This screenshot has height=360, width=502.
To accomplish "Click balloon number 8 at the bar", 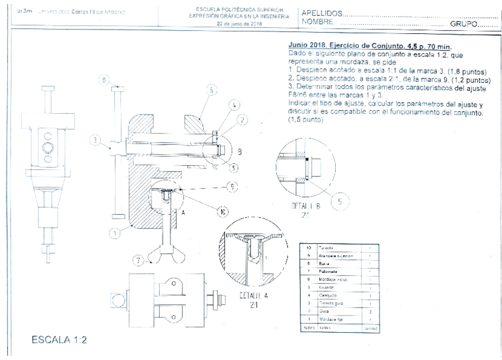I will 104,79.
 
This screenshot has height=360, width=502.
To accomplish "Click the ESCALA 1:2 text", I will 59,340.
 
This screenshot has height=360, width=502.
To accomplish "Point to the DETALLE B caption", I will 304,211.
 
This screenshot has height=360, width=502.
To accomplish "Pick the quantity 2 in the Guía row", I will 369,310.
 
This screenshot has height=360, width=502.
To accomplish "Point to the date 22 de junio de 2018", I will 239,24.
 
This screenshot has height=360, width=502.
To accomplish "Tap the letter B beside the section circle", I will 239,152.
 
